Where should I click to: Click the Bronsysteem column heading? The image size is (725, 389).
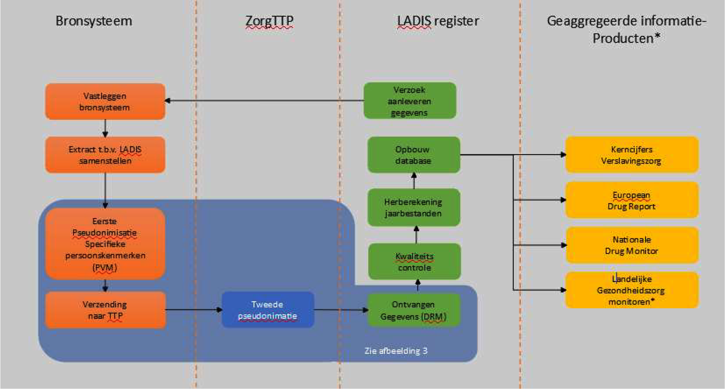tap(94, 21)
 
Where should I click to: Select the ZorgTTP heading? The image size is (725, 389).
tap(269, 21)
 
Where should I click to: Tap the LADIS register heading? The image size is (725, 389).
tap(438, 21)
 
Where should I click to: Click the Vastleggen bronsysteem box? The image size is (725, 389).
tap(105, 101)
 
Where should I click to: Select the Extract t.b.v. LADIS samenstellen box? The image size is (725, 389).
tap(105, 155)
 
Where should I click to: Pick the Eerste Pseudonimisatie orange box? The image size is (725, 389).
tap(105, 244)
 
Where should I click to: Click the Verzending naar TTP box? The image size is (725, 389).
tap(105, 310)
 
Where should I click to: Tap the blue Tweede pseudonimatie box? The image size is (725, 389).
tap(268, 310)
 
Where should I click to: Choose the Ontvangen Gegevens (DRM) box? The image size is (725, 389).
tap(414, 310)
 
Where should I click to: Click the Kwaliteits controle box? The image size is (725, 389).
tap(414, 262)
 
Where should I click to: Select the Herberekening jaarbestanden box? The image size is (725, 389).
tap(414, 207)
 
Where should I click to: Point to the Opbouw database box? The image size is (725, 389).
tap(413, 155)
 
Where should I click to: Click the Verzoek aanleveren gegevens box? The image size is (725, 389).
tap(410, 101)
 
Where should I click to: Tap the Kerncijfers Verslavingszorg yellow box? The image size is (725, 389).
tap(631, 155)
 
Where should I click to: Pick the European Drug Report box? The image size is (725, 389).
tap(631, 200)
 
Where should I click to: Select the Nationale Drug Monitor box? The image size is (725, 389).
tap(631, 245)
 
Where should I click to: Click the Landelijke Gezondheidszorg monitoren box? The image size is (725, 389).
tap(631, 290)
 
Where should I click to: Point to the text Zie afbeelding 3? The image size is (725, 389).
tap(396, 351)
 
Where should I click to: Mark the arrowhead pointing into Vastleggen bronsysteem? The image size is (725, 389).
tap(167, 101)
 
